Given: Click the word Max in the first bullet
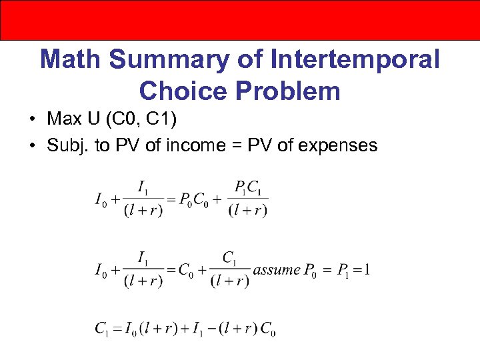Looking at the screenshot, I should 63,119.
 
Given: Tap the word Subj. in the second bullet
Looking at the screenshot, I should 69,145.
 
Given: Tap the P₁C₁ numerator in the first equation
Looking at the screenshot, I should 247,187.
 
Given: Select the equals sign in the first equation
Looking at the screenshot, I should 170,199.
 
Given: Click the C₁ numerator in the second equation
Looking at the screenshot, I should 229,257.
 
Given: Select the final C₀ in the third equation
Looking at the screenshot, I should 267,328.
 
